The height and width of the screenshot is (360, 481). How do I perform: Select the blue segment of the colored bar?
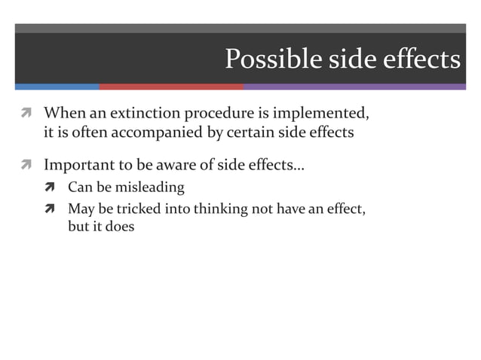[x=57, y=87]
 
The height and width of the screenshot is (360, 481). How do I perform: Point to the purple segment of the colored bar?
[x=354, y=87]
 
